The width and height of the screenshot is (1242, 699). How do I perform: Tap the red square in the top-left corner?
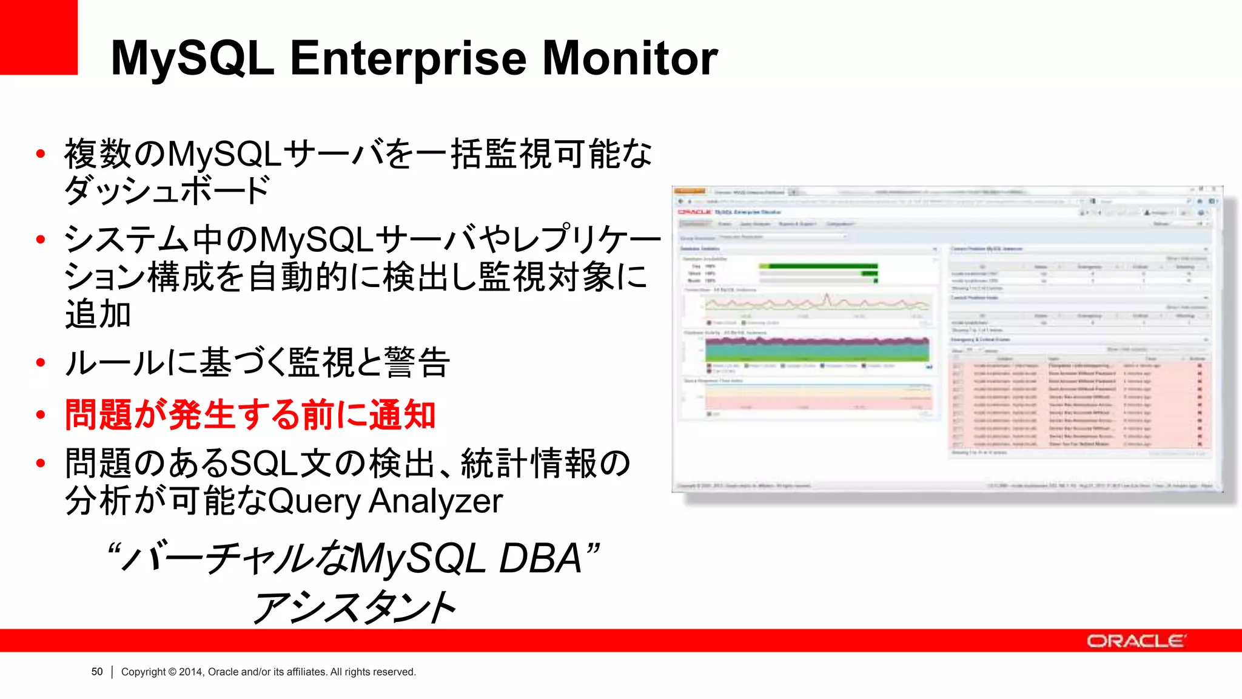[x=38, y=36]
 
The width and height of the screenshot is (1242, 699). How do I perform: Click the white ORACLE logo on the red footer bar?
[x=1136, y=641]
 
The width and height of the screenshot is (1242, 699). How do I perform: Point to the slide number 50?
[x=97, y=672]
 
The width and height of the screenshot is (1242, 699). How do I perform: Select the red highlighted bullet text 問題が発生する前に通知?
[x=250, y=415]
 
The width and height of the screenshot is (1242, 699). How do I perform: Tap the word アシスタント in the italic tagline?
[x=355, y=607]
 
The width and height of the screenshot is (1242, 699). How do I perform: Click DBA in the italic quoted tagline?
[x=540, y=559]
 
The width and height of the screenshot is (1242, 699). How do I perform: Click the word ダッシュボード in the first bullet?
[x=167, y=191]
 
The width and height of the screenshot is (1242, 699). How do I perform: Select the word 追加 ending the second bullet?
[x=98, y=314]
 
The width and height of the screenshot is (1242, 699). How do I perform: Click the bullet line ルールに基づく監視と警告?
[x=257, y=363]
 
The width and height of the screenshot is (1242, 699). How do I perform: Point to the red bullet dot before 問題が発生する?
[x=41, y=415]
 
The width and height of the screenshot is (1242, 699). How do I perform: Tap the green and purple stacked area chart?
[x=817, y=349]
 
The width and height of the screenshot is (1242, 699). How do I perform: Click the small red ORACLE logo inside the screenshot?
[x=694, y=212]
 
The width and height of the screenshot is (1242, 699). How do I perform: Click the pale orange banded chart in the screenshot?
[x=817, y=397]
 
